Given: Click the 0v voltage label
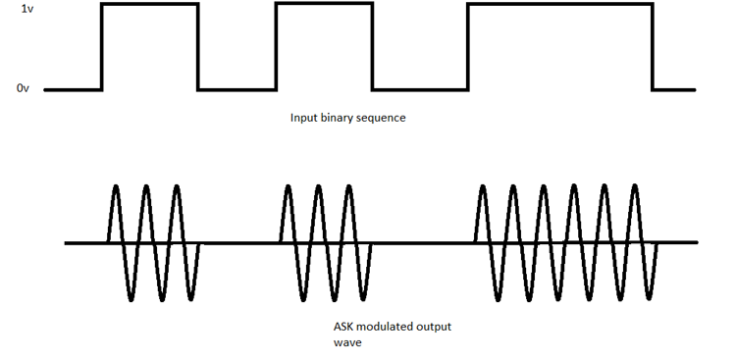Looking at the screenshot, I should pos(24,89).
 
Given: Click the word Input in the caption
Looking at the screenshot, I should pos(303,118).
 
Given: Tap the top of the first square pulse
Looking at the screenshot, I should pos(150,4).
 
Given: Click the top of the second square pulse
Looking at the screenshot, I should pos(324,4).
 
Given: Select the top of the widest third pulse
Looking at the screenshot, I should pos(559,4).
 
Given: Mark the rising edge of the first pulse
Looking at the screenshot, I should pos(102,47).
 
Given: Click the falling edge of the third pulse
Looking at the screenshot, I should pos(653,47).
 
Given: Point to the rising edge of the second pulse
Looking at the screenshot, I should pos(276,47).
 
